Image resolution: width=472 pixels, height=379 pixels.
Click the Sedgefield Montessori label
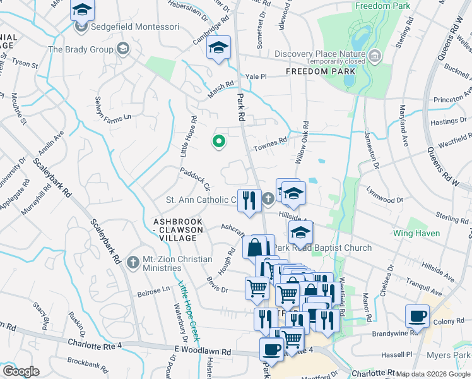coord(136,27)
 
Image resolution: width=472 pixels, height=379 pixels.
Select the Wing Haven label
coord(416,234)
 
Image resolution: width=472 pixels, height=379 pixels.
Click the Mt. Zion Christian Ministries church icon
coord(132,261)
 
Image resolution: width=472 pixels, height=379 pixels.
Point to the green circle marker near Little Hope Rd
coord(219,141)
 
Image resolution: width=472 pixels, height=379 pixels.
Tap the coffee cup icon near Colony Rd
coord(418,316)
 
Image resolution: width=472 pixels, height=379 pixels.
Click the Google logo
coord(21,371)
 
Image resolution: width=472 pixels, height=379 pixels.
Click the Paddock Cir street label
coord(194,179)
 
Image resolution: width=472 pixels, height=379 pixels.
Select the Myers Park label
coord(448,356)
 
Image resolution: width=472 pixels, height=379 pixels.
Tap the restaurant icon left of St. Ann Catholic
coord(249,201)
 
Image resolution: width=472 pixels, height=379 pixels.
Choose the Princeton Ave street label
coord(452,100)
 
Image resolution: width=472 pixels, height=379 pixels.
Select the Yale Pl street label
coord(257,76)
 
